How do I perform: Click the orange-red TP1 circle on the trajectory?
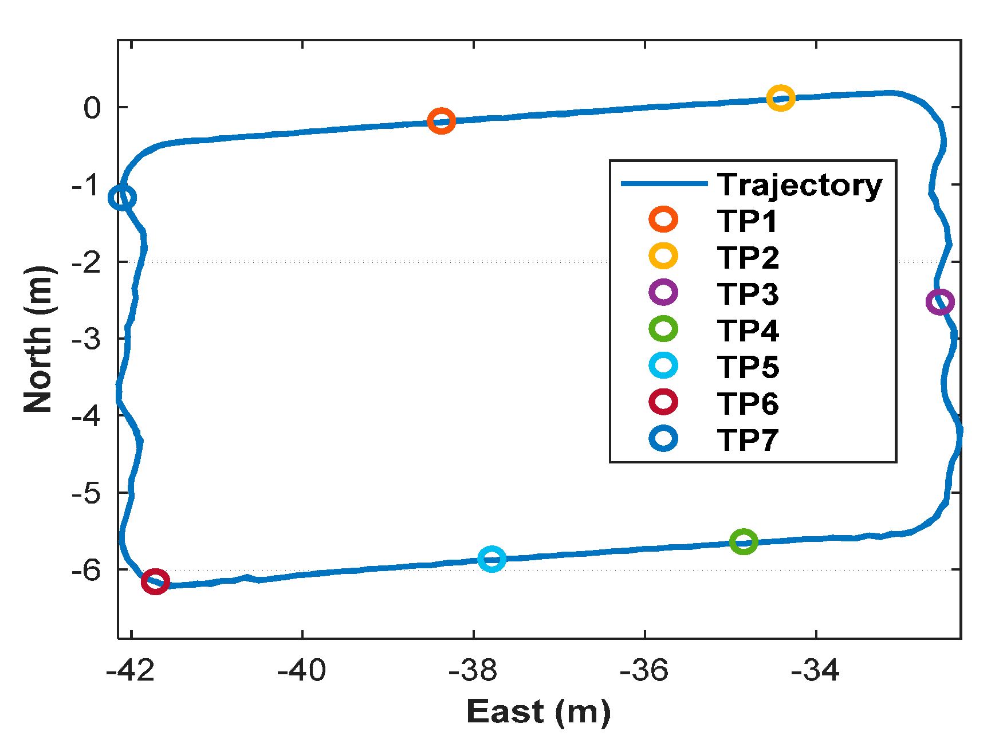[x=441, y=121]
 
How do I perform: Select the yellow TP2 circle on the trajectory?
[x=780, y=99]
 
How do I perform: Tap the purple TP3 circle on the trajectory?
[x=939, y=301]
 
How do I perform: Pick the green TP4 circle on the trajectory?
[x=744, y=541]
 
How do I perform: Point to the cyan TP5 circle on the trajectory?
[x=491, y=559]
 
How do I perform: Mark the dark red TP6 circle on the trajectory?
[x=155, y=581]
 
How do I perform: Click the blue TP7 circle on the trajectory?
[x=122, y=198]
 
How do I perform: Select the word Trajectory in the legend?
[x=800, y=184]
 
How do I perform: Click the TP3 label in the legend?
[x=748, y=293]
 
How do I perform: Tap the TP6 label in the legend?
[x=748, y=403]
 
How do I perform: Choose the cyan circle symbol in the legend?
[x=663, y=365]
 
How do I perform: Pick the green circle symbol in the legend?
[x=663, y=329]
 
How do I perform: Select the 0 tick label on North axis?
[x=92, y=108]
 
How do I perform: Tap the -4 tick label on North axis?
[x=85, y=415]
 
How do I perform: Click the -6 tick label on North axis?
[x=85, y=569]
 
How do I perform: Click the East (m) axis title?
[x=538, y=712]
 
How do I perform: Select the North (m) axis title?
[x=39, y=339]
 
